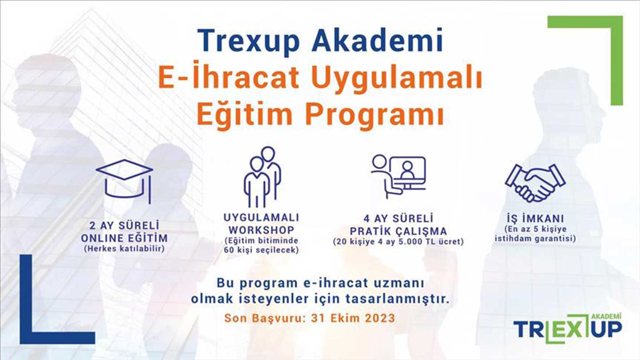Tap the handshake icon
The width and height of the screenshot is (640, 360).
tap(535, 183)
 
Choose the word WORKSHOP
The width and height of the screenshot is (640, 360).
tap(261, 230)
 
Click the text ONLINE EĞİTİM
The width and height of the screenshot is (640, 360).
tap(124, 238)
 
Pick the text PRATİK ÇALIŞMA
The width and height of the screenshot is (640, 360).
tap(399, 231)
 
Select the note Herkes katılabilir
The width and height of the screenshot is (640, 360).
tap(124, 249)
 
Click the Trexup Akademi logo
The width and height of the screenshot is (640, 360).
tap(568, 328)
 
